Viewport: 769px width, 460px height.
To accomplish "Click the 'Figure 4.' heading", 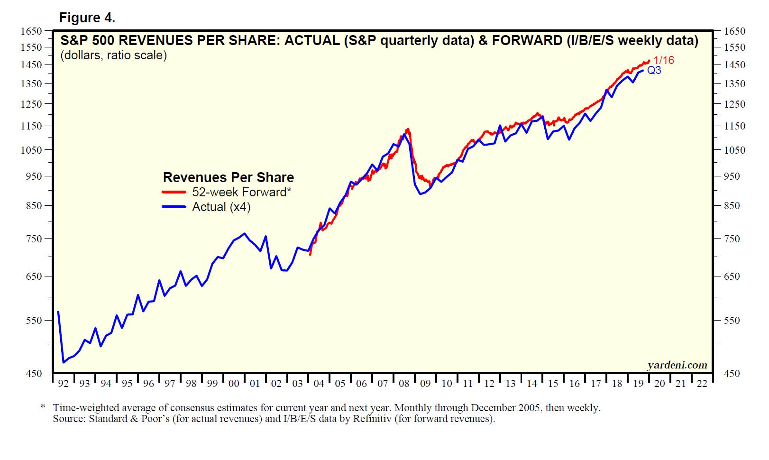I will click(x=87, y=18).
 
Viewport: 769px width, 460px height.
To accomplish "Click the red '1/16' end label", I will click(x=663, y=60).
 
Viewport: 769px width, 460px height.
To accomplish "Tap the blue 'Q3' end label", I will click(x=654, y=70).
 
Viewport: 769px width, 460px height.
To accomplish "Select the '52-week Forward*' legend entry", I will click(x=241, y=192).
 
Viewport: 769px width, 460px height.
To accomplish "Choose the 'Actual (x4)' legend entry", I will click(x=221, y=207).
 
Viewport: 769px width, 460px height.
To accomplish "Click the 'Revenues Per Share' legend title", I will click(x=228, y=177).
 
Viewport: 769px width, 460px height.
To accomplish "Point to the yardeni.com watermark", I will click(x=677, y=365).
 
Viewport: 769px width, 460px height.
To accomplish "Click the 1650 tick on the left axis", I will click(x=31, y=31).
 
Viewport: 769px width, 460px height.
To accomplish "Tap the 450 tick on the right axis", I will click(x=732, y=374).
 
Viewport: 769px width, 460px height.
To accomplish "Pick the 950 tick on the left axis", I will click(x=34, y=176).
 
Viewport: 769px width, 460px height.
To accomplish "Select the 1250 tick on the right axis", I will click(x=734, y=104).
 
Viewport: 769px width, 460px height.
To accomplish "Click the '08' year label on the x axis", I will click(x=404, y=384).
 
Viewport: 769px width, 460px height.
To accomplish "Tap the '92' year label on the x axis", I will click(x=63, y=384).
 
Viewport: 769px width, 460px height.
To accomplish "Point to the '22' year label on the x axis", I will click(x=702, y=384).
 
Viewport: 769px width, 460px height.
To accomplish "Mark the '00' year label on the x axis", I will click(x=234, y=384).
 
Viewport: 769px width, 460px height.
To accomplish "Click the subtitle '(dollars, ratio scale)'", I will click(x=113, y=55).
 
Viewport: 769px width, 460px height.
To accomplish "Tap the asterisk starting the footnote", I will click(x=43, y=407).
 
